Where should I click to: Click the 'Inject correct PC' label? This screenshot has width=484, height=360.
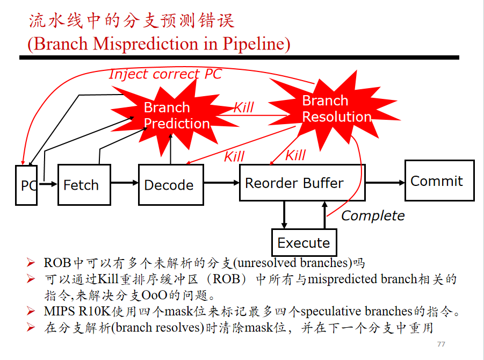point(165,74)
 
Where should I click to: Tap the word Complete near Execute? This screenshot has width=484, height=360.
point(373,216)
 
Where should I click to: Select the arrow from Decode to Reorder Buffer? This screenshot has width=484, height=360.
point(222,183)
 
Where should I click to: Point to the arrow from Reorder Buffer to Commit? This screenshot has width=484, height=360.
point(385,183)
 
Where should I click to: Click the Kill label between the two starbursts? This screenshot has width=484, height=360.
point(243,107)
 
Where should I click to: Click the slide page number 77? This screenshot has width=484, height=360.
point(441,344)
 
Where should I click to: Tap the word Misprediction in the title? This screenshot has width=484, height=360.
point(146,44)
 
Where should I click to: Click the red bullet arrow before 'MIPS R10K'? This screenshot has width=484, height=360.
point(31,311)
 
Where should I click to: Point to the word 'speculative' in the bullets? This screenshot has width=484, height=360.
point(330,312)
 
